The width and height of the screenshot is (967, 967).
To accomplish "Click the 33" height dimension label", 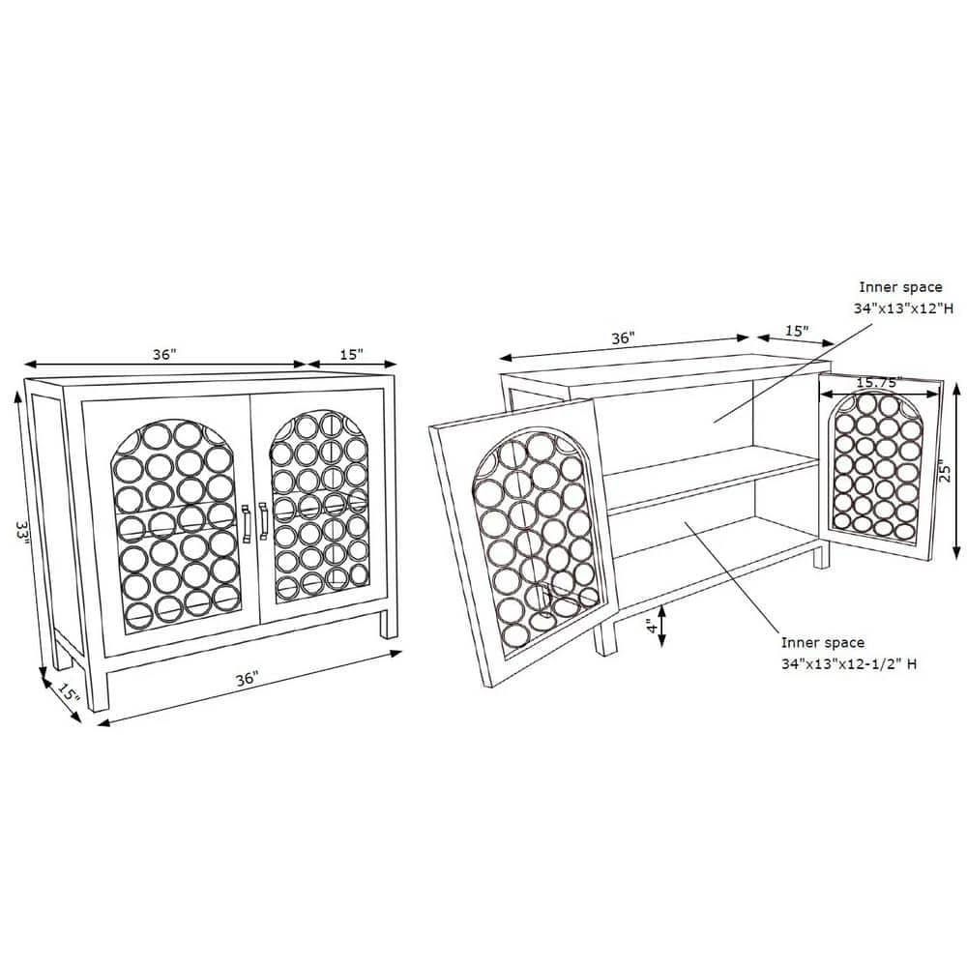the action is [22, 533].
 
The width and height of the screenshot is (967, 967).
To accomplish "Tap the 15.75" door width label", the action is [879, 383].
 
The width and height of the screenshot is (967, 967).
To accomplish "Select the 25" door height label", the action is [944, 473].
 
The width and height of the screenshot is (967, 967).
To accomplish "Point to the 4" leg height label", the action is [652, 628].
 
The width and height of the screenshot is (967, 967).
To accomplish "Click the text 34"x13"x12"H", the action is [903, 308].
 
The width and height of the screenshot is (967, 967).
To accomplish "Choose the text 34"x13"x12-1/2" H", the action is [849, 664].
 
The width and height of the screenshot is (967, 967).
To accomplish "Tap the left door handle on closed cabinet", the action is [246, 524].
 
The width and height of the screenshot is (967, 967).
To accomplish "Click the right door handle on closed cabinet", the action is [263, 521].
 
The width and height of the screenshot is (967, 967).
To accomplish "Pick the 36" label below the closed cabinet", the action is [247, 679].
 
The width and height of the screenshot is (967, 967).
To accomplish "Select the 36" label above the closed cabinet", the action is [164, 355].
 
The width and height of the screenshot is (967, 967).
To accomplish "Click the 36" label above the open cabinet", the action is [623, 337].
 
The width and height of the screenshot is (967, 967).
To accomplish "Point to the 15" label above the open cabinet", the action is [797, 331].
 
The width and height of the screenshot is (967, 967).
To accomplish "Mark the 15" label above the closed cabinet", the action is [351, 355].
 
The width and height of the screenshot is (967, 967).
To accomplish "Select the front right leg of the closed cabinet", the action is [389, 623].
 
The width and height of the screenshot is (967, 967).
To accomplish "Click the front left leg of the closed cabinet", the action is [99, 689].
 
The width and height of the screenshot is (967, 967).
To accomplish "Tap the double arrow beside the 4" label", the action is [662, 626].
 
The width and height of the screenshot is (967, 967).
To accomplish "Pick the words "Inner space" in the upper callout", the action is [901, 287].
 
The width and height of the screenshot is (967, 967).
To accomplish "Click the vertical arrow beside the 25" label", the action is [956, 470].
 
